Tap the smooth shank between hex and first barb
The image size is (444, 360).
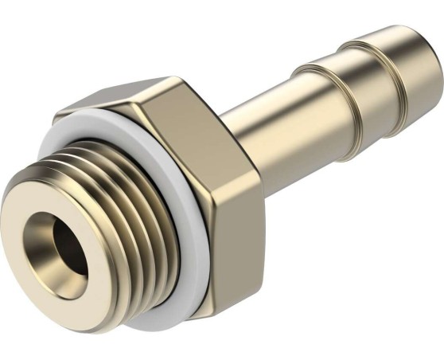click(263, 119)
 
